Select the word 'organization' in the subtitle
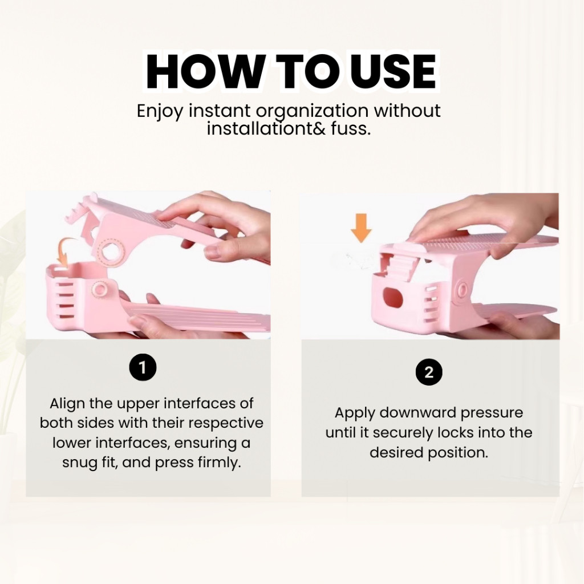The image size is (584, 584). click(x=312, y=111)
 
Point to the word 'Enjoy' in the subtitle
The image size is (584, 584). click(x=160, y=112)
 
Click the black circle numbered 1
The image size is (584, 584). click(x=143, y=368)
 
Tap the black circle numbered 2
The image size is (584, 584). click(x=429, y=372)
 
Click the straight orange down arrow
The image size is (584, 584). click(x=361, y=228)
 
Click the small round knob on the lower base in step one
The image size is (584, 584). click(x=100, y=289)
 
